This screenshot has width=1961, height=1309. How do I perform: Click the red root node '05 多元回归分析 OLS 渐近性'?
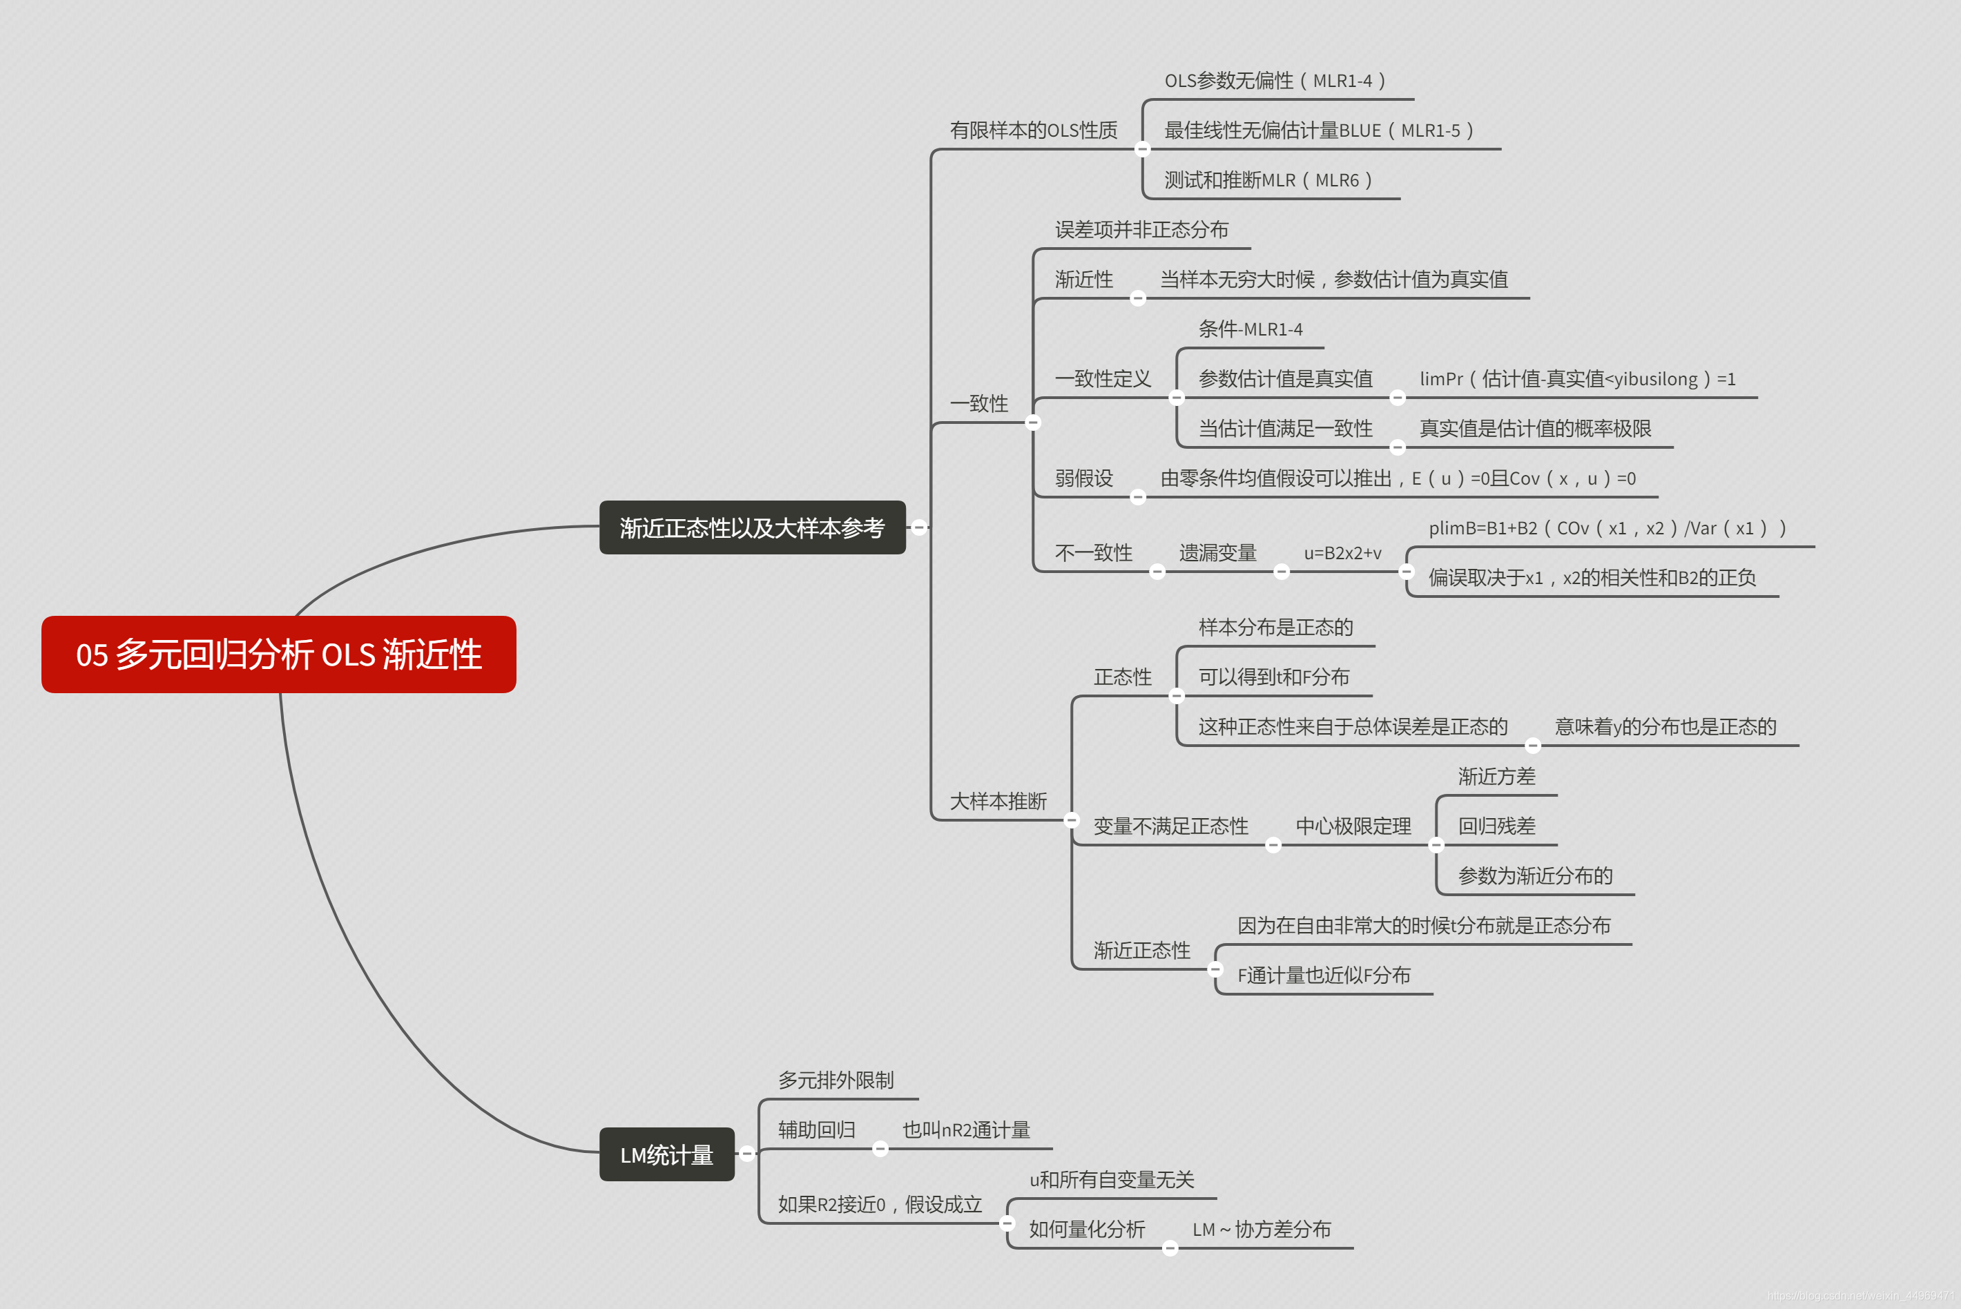coord(278,654)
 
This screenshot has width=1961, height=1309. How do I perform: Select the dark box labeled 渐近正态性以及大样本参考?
coord(751,527)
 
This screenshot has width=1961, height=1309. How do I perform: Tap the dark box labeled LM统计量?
coord(666,1154)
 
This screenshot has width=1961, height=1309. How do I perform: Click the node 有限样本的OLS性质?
coord(1033,130)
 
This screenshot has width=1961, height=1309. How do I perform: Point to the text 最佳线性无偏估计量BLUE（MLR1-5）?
coord(1319,130)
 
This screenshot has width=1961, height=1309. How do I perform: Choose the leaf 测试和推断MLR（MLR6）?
coord(1268,180)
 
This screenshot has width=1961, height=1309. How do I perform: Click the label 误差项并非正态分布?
coord(1141,230)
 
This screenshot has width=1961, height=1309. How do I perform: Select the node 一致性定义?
coord(1102,379)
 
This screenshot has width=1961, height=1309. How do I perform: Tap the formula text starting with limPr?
coord(1577,379)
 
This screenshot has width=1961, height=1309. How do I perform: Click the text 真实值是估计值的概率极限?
coord(1534,428)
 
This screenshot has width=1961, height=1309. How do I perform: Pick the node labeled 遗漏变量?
coord(1217,552)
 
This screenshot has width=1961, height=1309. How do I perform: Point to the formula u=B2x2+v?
coord(1342,552)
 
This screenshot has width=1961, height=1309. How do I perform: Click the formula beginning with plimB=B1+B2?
coord(1607,527)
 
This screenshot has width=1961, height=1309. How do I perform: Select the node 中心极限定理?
coord(1353,826)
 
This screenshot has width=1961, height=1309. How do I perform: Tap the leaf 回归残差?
coord(1496,826)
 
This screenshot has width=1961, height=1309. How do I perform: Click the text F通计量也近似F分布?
coord(1323,975)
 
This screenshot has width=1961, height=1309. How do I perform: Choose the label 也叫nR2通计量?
coord(966,1129)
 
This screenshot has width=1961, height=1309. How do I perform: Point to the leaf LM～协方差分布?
coord(1261,1229)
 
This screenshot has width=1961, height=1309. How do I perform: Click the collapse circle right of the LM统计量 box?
coord(747,1154)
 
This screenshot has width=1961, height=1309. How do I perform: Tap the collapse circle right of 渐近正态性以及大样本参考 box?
coord(919,527)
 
